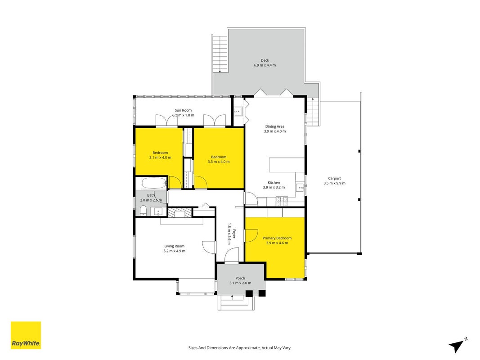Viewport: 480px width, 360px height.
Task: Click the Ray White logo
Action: [x=26, y=335]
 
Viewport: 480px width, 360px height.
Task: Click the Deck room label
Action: [x=265, y=60]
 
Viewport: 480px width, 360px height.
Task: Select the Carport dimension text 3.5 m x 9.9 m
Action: [x=334, y=183]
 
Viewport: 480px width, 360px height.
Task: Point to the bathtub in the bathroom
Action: [x=154, y=183]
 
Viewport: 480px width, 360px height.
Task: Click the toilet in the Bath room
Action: [x=143, y=211]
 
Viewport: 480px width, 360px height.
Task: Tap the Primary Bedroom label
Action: [x=277, y=238]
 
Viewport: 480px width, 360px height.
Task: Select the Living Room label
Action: [x=175, y=246]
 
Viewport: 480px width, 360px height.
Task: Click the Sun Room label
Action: [x=184, y=110]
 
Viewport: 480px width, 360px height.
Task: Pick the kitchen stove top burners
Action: [x=282, y=201]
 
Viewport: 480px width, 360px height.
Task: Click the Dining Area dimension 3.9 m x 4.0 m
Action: [x=275, y=131]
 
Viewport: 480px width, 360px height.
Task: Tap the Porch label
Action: [x=240, y=278]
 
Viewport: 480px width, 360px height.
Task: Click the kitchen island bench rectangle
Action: [x=287, y=165]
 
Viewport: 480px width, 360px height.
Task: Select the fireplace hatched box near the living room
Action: [x=179, y=212]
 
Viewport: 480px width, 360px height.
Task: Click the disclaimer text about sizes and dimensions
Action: [x=240, y=348]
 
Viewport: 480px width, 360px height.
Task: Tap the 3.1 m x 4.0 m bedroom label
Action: [x=160, y=157]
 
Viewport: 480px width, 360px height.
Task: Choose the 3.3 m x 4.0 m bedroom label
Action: [x=219, y=162]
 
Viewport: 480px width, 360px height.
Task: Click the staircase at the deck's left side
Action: [x=220, y=54]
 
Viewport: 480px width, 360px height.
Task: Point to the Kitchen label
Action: [x=274, y=183]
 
